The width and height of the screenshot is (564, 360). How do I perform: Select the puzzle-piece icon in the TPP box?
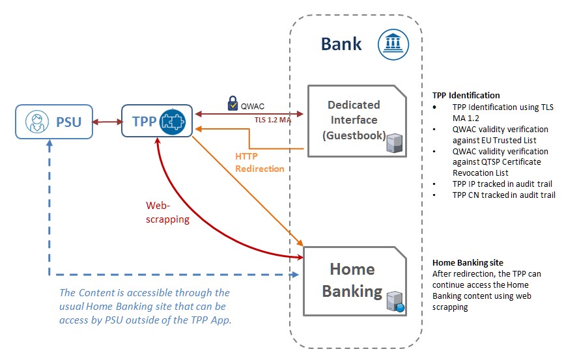174,121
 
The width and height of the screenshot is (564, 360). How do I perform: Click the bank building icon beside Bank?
393,44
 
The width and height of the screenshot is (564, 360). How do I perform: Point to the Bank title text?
341,44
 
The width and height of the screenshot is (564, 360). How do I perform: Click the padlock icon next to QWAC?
233,103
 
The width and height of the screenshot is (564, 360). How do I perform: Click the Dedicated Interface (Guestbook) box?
357,120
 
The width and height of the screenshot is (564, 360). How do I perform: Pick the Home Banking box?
357,280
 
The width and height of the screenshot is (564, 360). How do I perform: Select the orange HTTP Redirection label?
260,163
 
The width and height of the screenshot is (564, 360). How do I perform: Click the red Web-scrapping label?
167,212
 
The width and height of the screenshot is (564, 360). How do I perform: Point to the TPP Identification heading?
466,96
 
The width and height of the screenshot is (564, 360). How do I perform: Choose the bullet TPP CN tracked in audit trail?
503,195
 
